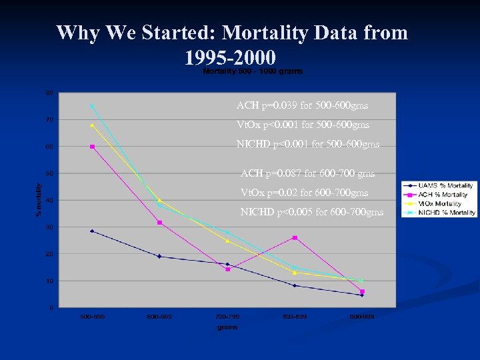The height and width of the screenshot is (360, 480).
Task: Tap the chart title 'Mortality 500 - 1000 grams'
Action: pyautogui.click(x=252, y=71)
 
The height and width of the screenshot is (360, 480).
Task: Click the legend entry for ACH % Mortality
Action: pyautogui.click(x=443, y=195)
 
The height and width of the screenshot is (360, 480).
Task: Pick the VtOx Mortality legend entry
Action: pyautogui.click(x=441, y=203)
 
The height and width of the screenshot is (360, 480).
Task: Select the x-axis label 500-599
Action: pyautogui.click(x=91, y=317)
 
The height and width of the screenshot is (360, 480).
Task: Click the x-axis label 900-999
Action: pyautogui.click(x=362, y=317)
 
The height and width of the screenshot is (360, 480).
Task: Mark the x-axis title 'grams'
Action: pyautogui.click(x=227, y=327)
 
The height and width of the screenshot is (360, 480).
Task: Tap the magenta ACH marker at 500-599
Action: pyautogui.click(x=92, y=147)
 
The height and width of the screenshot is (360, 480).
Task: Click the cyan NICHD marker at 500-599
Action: pyautogui.click(x=92, y=105)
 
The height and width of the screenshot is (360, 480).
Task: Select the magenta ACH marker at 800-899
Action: pyautogui.click(x=295, y=237)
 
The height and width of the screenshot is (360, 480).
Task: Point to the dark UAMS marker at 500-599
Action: pyautogui.click(x=92, y=231)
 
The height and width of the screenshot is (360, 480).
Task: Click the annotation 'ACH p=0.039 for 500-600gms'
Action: pyautogui.click(x=302, y=105)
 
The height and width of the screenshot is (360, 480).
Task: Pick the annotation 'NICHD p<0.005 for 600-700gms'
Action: pyautogui.click(x=311, y=213)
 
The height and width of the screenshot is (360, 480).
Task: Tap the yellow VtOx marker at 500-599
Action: pyautogui.click(x=92, y=125)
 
